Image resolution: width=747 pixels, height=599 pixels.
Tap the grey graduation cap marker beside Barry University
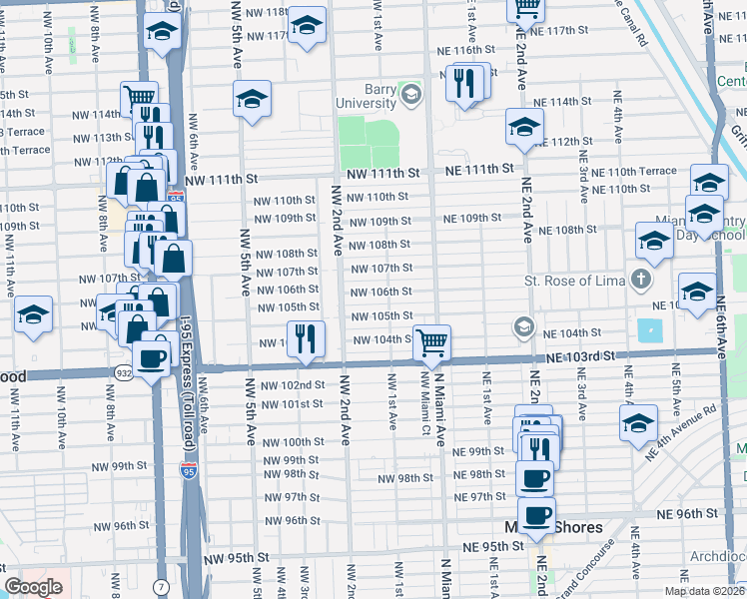[x=410, y=96]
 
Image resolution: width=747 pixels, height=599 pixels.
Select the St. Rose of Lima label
[x=574, y=280]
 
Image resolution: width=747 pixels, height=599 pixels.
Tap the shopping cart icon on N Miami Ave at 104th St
[x=432, y=342]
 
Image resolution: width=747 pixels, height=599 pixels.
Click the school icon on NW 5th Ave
[x=253, y=99]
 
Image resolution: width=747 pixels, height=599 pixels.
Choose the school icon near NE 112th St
[x=523, y=127]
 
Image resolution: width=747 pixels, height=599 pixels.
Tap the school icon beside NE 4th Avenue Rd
[x=638, y=422]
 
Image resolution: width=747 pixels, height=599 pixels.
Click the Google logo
[x=33, y=587]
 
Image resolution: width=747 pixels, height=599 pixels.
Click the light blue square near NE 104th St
[x=649, y=330]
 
